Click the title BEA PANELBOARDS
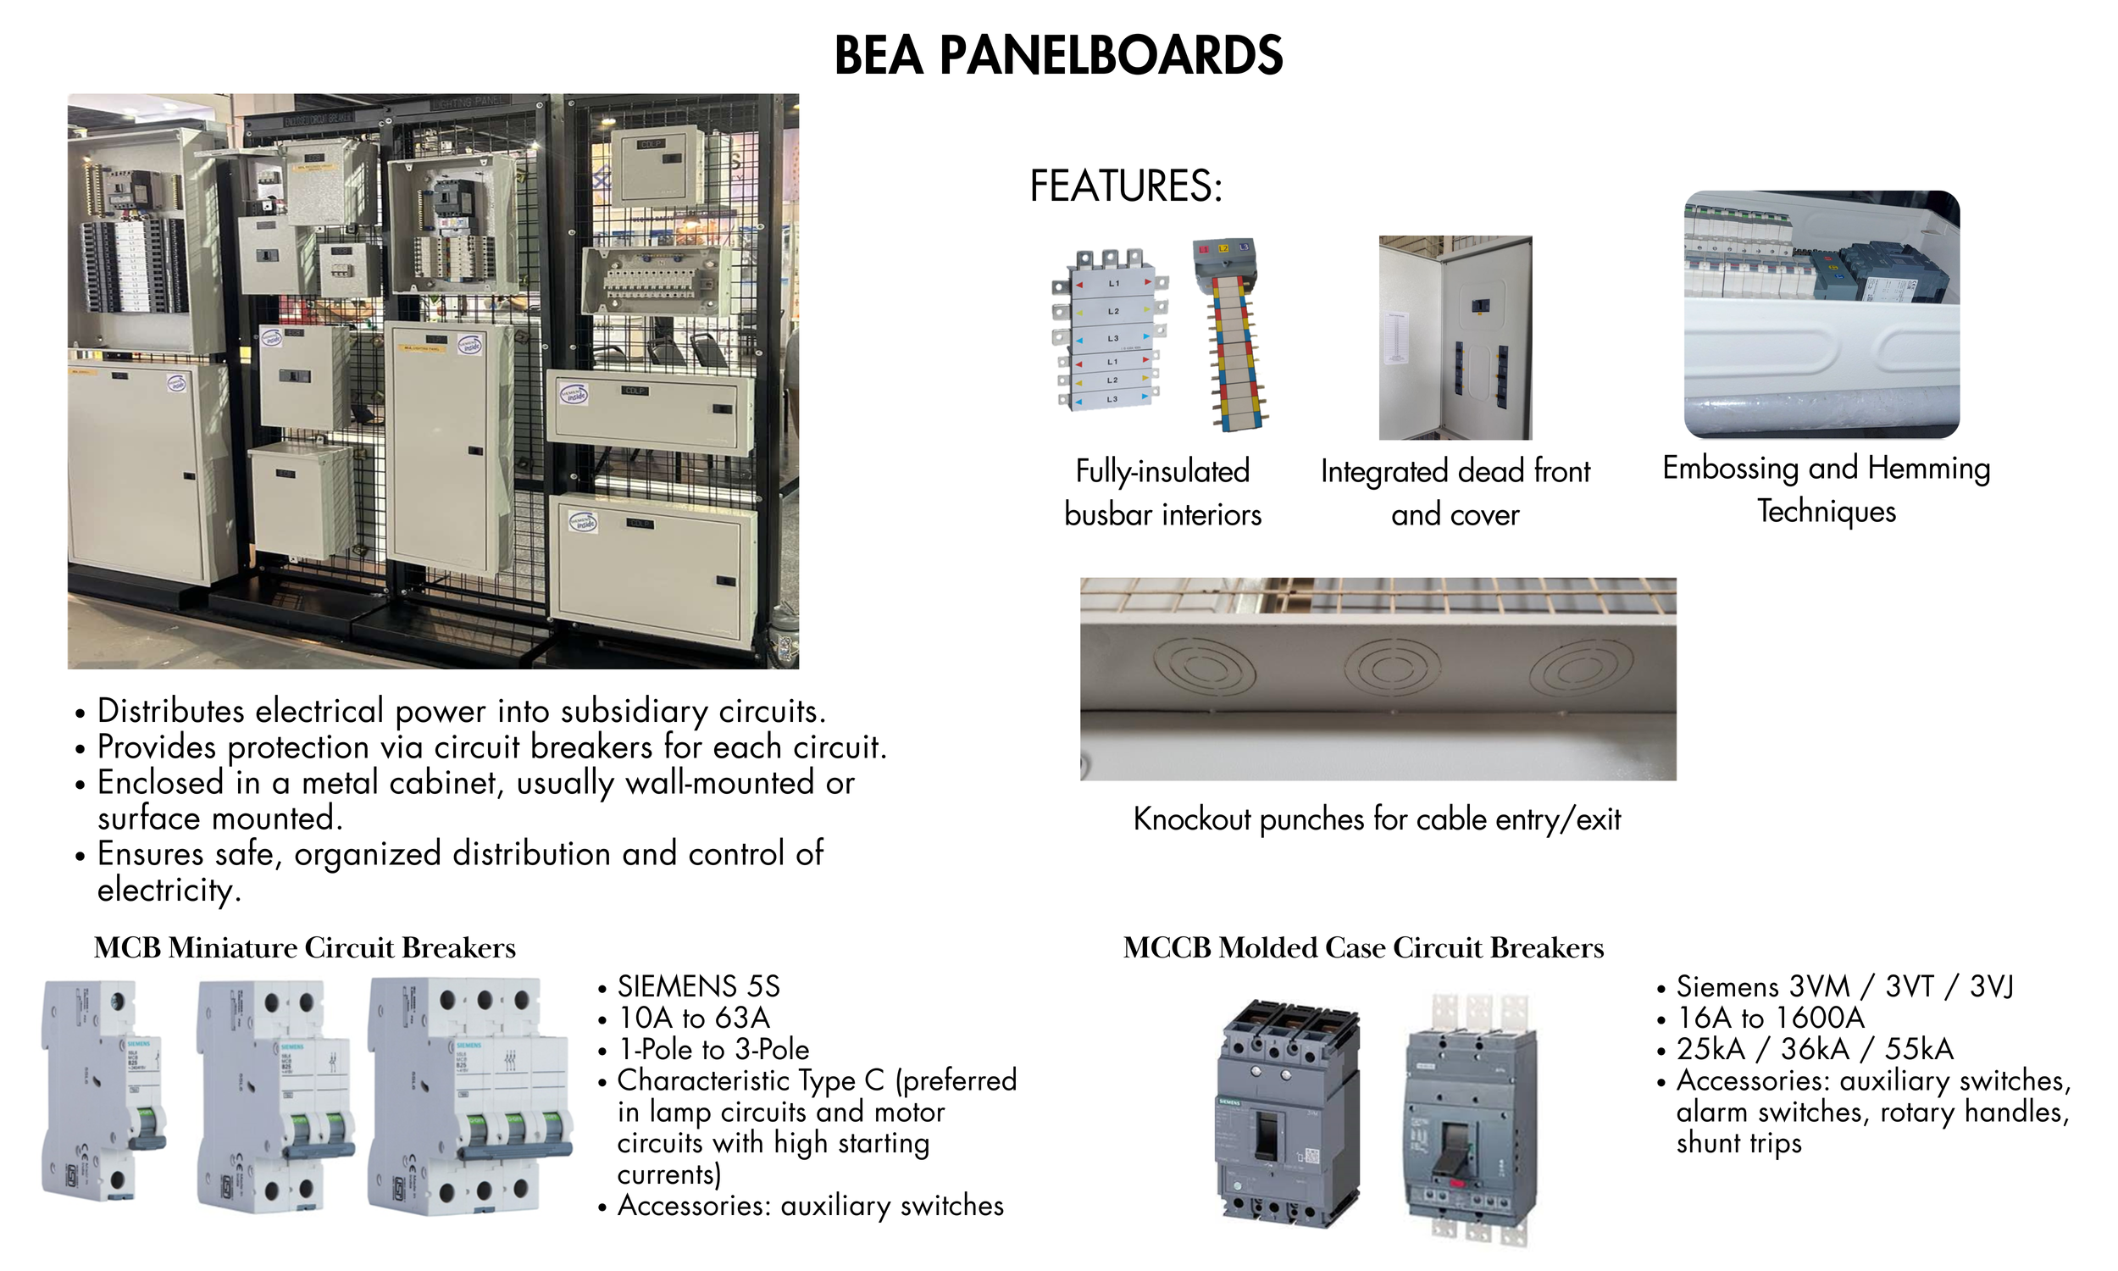[x=1058, y=57]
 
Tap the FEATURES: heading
[x=1126, y=186]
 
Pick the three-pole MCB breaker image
[x=469, y=1096]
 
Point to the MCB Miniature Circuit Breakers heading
[x=305, y=948]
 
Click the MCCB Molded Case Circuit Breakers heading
[x=1363, y=948]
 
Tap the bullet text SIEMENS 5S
[x=699, y=986]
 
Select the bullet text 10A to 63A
[x=694, y=1018]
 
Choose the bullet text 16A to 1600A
[x=1770, y=1018]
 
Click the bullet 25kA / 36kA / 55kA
[x=1814, y=1049]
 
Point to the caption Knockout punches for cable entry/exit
[x=1377, y=819]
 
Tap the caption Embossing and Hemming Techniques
[x=1826, y=489]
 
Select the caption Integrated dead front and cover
[x=1455, y=492]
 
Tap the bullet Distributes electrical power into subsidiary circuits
[x=462, y=711]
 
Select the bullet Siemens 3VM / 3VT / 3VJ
[x=1844, y=986]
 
